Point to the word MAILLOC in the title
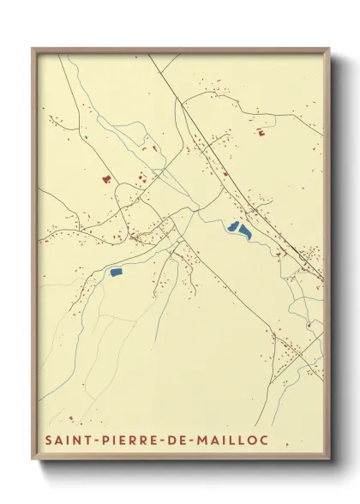click(x=234, y=439)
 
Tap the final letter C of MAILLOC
click(x=264, y=439)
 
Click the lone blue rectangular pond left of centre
click(x=116, y=272)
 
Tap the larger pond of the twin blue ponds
click(x=245, y=231)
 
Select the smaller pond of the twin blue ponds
click(x=233, y=227)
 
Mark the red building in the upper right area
click(x=260, y=132)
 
